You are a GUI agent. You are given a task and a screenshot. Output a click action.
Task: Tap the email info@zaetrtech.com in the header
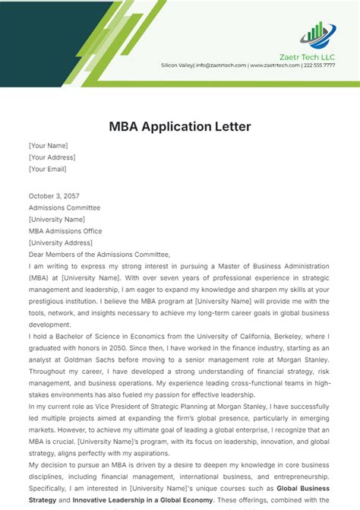pos(220,65)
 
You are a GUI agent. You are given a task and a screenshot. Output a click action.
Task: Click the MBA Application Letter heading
pos(179,125)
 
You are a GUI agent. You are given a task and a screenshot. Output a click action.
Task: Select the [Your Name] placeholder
pos(48,145)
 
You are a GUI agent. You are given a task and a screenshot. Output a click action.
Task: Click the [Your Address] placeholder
pos(51,157)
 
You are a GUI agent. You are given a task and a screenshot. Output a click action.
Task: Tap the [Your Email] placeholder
pos(48,169)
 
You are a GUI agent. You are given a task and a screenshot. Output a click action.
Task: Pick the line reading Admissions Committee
pos(64,207)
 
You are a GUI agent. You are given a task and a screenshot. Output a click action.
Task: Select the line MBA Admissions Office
pos(65,231)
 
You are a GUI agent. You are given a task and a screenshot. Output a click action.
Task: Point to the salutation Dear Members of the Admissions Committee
pos(99,255)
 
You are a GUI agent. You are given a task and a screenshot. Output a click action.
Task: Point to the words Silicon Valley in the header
pos(177,65)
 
